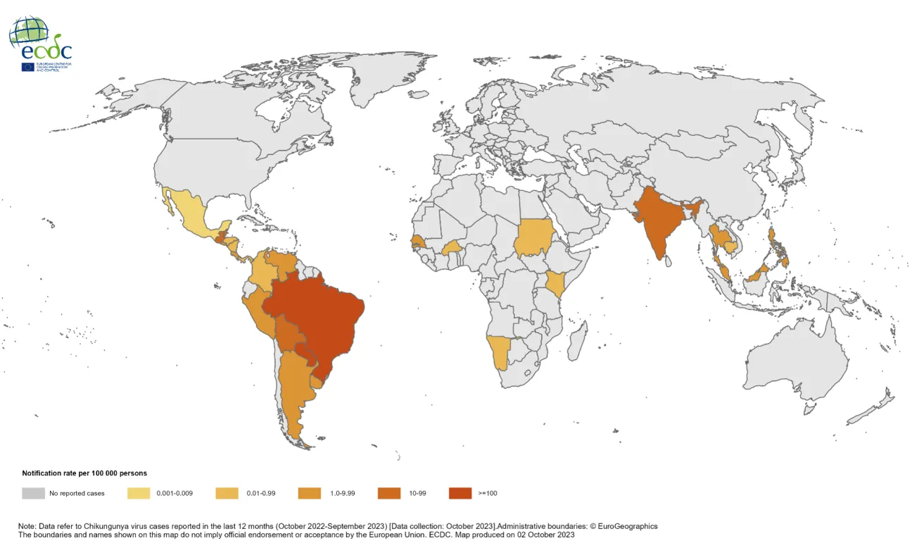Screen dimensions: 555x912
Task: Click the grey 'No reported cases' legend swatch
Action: pos(32,493)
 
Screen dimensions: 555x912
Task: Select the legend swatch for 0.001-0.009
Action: pos(139,493)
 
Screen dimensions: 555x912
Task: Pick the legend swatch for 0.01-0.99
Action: pos(226,493)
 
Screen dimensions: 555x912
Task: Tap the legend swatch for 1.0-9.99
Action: pos(310,493)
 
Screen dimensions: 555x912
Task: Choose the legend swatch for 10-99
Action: pos(389,493)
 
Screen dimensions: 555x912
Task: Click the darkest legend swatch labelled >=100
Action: pos(460,493)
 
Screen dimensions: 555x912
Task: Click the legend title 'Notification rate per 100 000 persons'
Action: pos(84,473)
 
